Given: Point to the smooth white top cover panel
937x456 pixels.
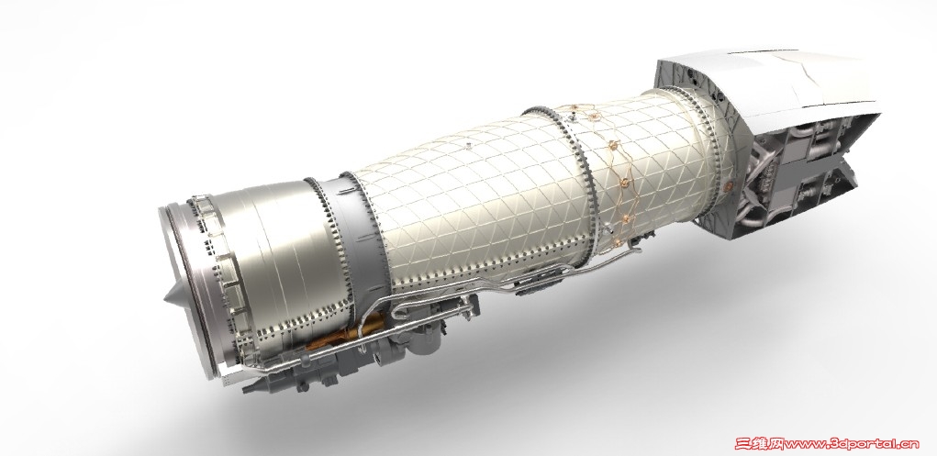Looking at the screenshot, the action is click(771, 83).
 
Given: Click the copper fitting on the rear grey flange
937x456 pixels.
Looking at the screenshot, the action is click(729, 186).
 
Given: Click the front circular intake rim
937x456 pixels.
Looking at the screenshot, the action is click(179, 287).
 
